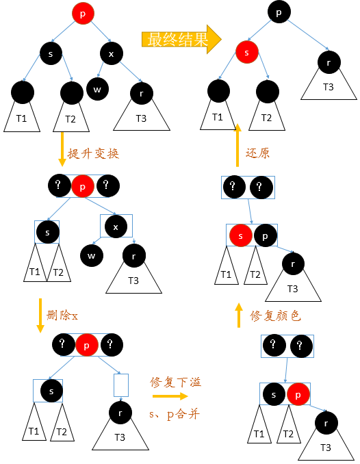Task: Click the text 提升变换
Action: coord(94,153)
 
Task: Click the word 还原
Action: coord(257,153)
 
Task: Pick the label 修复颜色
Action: coord(274,315)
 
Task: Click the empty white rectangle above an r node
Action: coord(121,385)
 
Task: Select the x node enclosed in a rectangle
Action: coord(116,227)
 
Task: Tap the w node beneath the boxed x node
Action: coord(92,256)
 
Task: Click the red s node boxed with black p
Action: coord(240,235)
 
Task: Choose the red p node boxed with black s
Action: coord(298,394)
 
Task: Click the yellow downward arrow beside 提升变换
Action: coord(62,149)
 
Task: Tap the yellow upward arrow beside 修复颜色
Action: coord(238,315)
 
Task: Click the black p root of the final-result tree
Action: coord(279,12)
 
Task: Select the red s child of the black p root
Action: coord(247,51)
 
